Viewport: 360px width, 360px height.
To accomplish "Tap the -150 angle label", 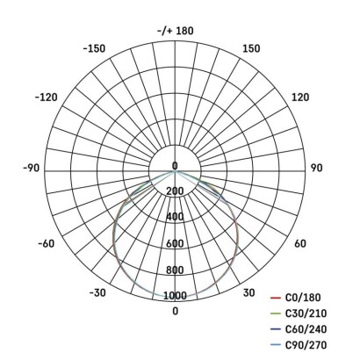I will pyautogui.click(x=94, y=48).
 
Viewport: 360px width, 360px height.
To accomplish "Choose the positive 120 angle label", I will pyautogui.click(x=299, y=97).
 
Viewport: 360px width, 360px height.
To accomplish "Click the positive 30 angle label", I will pyautogui.click(x=248, y=292).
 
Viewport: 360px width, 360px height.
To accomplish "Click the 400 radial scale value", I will pyautogui.click(x=174, y=217).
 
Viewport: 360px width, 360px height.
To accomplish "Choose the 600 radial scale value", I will pyautogui.click(x=174, y=243).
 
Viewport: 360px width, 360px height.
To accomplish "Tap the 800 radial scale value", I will pyautogui.click(x=174, y=270).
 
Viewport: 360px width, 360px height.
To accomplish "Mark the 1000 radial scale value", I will pyautogui.click(x=174, y=296).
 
